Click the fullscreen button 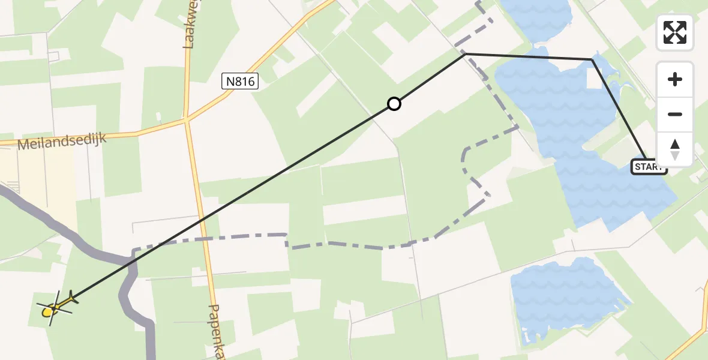[x=675, y=32]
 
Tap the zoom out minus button [x=675, y=115]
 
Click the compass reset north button [x=675, y=149]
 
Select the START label [x=648, y=167]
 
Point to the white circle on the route [x=394, y=104]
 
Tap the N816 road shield [x=240, y=81]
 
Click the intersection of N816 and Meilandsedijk [x=187, y=120]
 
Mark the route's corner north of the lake [x=592, y=60]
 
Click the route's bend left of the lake [x=465, y=54]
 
